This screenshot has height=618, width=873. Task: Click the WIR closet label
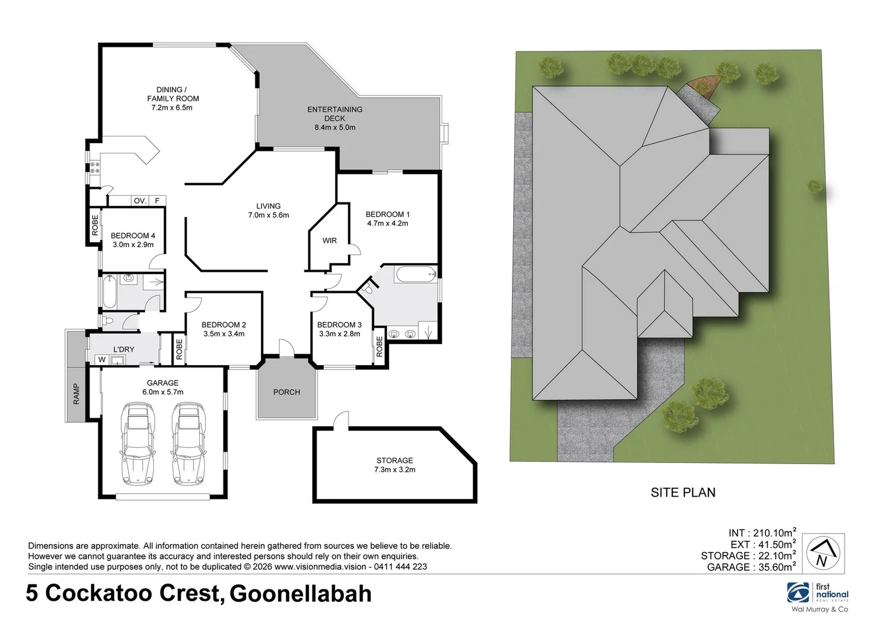tap(330, 240)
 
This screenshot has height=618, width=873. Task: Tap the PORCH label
tap(287, 392)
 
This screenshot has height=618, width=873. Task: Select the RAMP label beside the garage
tap(76, 394)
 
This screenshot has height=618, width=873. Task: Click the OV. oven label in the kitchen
tap(140, 201)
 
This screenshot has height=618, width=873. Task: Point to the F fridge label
tap(157, 201)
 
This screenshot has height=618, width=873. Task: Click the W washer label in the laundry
tap(102, 359)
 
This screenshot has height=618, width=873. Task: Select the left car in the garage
tap(137, 444)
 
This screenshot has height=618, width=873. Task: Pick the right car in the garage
tap(188, 444)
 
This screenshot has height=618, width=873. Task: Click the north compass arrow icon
tap(822, 553)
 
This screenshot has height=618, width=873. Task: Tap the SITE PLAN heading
tap(683, 493)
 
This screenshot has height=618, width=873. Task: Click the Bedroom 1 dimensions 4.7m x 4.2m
tap(387, 223)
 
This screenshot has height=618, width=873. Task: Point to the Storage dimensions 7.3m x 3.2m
tap(394, 469)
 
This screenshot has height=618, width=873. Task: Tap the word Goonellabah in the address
tap(300, 593)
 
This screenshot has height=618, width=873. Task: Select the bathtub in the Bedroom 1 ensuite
tap(415, 274)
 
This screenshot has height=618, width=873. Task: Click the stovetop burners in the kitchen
tap(95, 168)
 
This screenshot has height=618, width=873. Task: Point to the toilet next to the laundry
tap(107, 321)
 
